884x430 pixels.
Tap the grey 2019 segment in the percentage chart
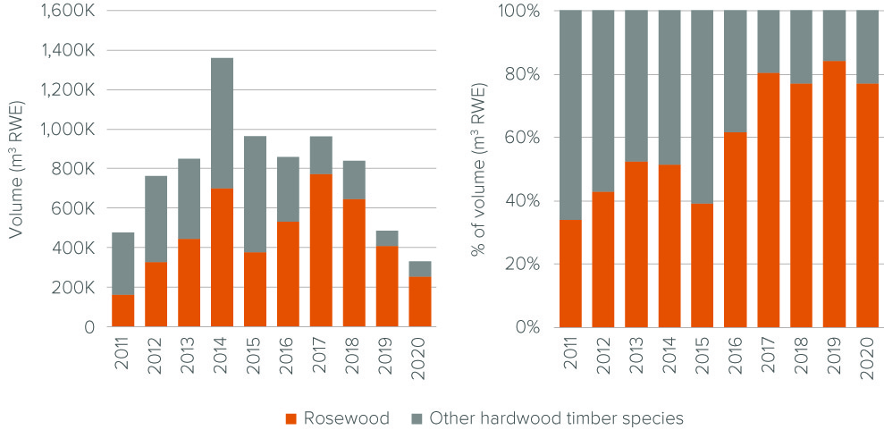(x=833, y=36)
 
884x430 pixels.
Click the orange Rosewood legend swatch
(x=290, y=418)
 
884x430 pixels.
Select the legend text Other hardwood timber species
(x=556, y=417)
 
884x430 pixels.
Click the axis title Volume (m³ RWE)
(x=17, y=170)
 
